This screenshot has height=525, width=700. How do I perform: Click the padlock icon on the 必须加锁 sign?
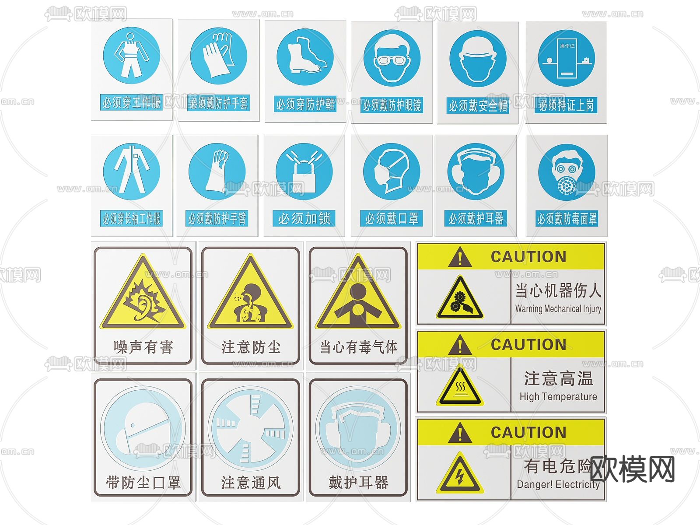point(304,173)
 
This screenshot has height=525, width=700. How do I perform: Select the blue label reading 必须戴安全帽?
point(478,105)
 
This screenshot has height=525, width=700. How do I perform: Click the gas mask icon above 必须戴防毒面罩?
point(567,173)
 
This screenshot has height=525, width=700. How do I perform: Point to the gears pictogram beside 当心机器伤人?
point(460,299)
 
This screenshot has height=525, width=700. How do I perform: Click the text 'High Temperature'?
point(558,397)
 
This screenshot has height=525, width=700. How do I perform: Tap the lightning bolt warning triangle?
point(460,474)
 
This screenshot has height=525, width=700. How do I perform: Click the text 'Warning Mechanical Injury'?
point(558,309)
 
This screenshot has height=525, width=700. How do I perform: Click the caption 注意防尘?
point(250,347)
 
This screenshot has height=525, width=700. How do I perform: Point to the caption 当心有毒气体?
point(358,347)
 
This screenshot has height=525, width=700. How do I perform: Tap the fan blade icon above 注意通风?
point(250,429)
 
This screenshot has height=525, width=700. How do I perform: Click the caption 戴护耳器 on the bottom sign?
point(358,483)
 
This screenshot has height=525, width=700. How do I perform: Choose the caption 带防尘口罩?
point(143,483)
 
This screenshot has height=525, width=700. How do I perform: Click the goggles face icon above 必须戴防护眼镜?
point(392,58)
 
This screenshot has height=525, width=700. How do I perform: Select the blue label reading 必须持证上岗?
point(566,105)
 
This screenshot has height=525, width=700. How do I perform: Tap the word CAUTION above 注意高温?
point(528,345)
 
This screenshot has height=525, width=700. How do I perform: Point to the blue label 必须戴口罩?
point(392,218)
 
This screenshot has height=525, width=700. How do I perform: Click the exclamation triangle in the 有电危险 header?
point(460,434)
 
